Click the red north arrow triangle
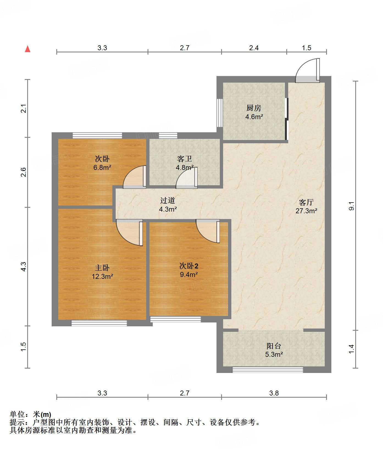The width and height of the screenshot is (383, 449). click(x=27, y=49)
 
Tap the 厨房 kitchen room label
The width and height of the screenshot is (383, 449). click(x=254, y=108)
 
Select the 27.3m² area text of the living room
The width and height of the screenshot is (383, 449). click(x=306, y=211)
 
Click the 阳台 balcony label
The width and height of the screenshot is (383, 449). click(x=274, y=346)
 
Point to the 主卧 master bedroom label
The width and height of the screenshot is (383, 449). click(x=102, y=268)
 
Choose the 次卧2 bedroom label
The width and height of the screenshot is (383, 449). click(x=189, y=266)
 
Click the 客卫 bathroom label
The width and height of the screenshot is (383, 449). click(x=185, y=159)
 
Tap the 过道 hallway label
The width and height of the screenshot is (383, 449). click(x=168, y=201)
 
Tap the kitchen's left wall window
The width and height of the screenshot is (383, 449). click(x=220, y=113)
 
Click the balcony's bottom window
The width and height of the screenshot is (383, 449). click(x=268, y=370)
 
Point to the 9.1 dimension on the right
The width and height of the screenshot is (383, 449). click(x=352, y=206)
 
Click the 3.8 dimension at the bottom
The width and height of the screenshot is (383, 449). click(x=274, y=393)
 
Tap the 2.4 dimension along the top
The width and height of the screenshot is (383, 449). click(x=254, y=48)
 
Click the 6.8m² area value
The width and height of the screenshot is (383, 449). click(x=102, y=167)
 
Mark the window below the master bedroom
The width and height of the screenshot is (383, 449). click(x=99, y=323)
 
